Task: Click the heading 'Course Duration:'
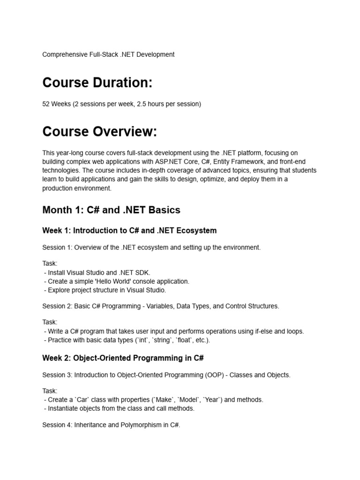(x=97, y=82)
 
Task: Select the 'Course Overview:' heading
(x=99, y=132)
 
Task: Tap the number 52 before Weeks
(x=46, y=104)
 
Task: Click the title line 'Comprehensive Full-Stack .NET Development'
(x=108, y=54)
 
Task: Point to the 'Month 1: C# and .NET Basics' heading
(x=111, y=210)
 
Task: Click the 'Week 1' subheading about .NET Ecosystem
(x=129, y=231)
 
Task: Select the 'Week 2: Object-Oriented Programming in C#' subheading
(x=123, y=358)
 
